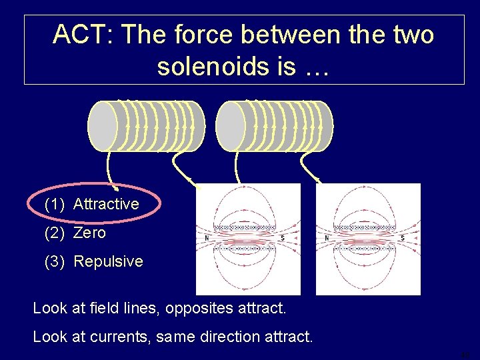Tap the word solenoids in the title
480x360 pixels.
tap(214, 66)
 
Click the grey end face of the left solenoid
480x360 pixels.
tap(103, 126)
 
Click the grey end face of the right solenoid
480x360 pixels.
tap(230, 126)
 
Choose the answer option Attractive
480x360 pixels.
tap(106, 204)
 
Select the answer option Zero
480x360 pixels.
tap(89, 233)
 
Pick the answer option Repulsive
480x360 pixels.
tap(108, 261)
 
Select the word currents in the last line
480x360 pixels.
tap(122, 337)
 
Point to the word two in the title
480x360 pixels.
tap(410, 35)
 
